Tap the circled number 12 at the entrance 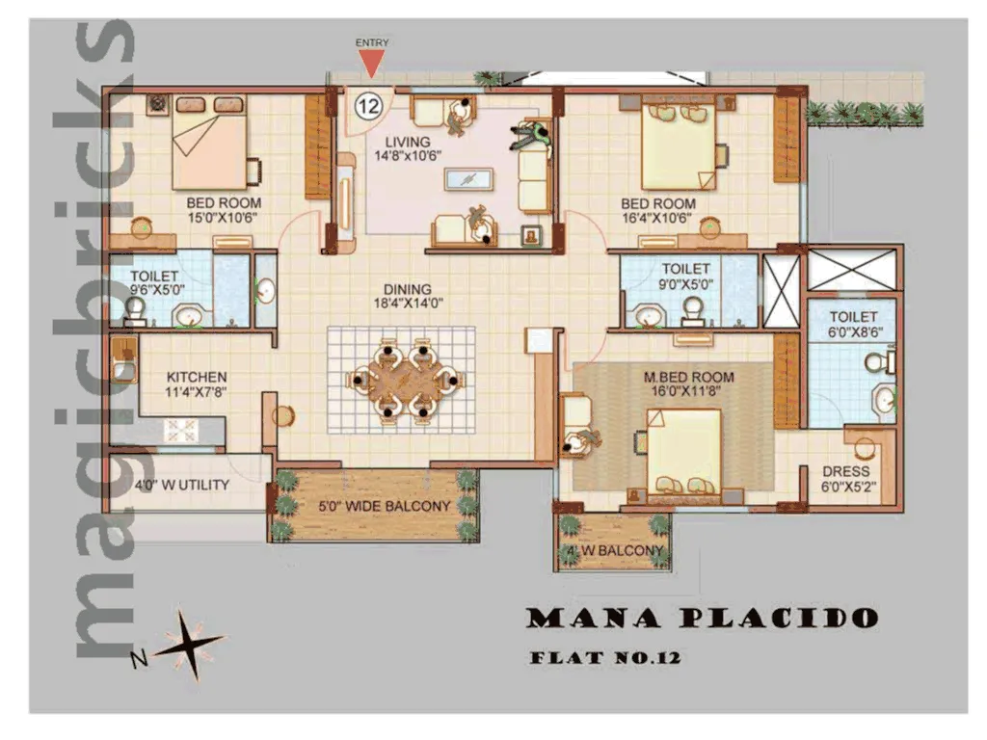[367, 105]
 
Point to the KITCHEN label [197, 377]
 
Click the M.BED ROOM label [688, 377]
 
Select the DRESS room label [845, 472]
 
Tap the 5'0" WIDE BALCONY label [371, 506]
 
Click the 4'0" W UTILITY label [183, 485]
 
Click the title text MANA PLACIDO [702, 618]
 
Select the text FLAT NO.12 [605, 659]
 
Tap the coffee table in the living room [469, 179]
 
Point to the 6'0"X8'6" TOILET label [853, 324]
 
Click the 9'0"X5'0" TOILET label [685, 277]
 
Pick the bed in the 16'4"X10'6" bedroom [680, 145]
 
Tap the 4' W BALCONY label [615, 551]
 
